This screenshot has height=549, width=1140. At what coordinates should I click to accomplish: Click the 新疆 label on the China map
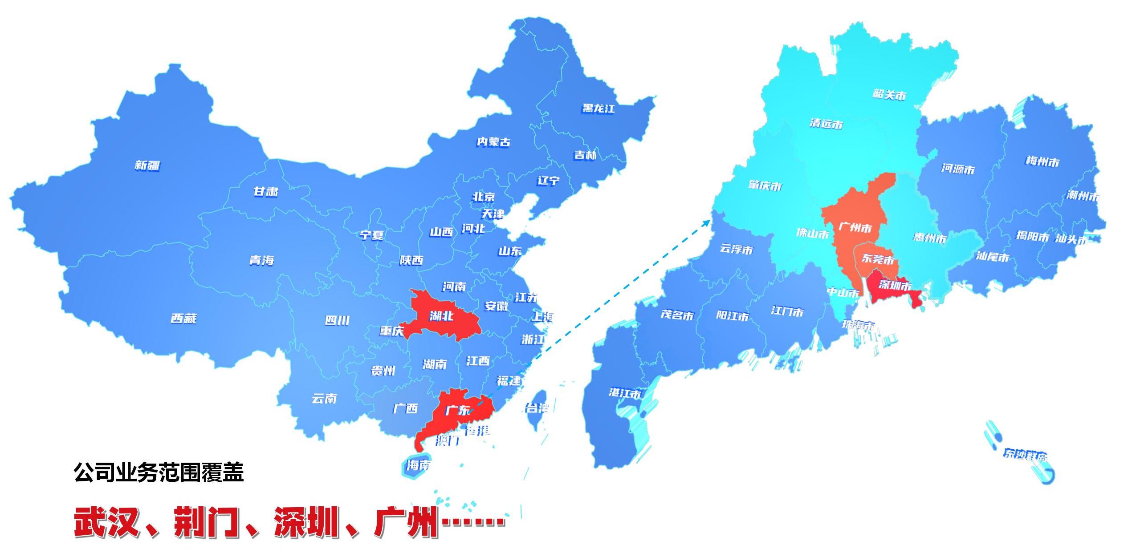(x=147, y=166)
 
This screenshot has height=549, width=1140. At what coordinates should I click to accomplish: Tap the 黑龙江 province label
(x=598, y=109)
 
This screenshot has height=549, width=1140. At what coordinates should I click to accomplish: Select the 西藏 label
(x=183, y=319)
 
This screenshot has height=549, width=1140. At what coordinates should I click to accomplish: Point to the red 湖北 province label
(x=441, y=316)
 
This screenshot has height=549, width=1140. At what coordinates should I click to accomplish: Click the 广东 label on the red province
(x=457, y=410)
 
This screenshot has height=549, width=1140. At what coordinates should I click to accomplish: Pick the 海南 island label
(x=418, y=465)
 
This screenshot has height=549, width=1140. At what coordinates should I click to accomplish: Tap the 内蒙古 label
(x=493, y=142)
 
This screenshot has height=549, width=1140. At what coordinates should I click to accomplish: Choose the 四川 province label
(x=337, y=321)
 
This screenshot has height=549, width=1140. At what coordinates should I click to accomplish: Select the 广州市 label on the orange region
(x=855, y=228)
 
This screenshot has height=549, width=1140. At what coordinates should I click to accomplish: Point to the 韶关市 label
(x=889, y=95)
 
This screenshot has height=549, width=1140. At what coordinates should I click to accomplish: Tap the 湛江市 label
(x=625, y=393)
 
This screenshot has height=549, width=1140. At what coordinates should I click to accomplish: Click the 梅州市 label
(x=1042, y=161)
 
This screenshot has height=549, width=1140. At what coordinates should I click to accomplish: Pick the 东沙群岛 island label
(x=1025, y=455)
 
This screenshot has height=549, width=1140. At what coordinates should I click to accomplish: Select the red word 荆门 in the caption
(x=205, y=522)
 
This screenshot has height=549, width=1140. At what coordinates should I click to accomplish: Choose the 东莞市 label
(x=877, y=259)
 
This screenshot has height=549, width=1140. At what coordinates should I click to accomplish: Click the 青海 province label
(x=261, y=260)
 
